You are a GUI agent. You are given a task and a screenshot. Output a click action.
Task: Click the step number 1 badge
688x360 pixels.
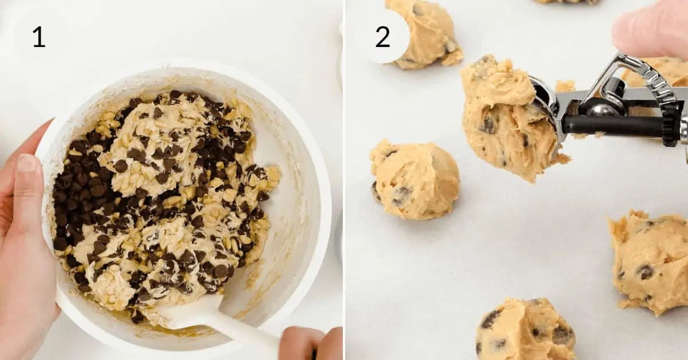[x=38, y=37]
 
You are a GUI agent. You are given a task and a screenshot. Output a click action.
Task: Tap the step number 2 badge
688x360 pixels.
[x=382, y=37]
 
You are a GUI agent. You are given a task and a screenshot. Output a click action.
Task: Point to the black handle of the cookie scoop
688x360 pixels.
[x=613, y=126]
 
